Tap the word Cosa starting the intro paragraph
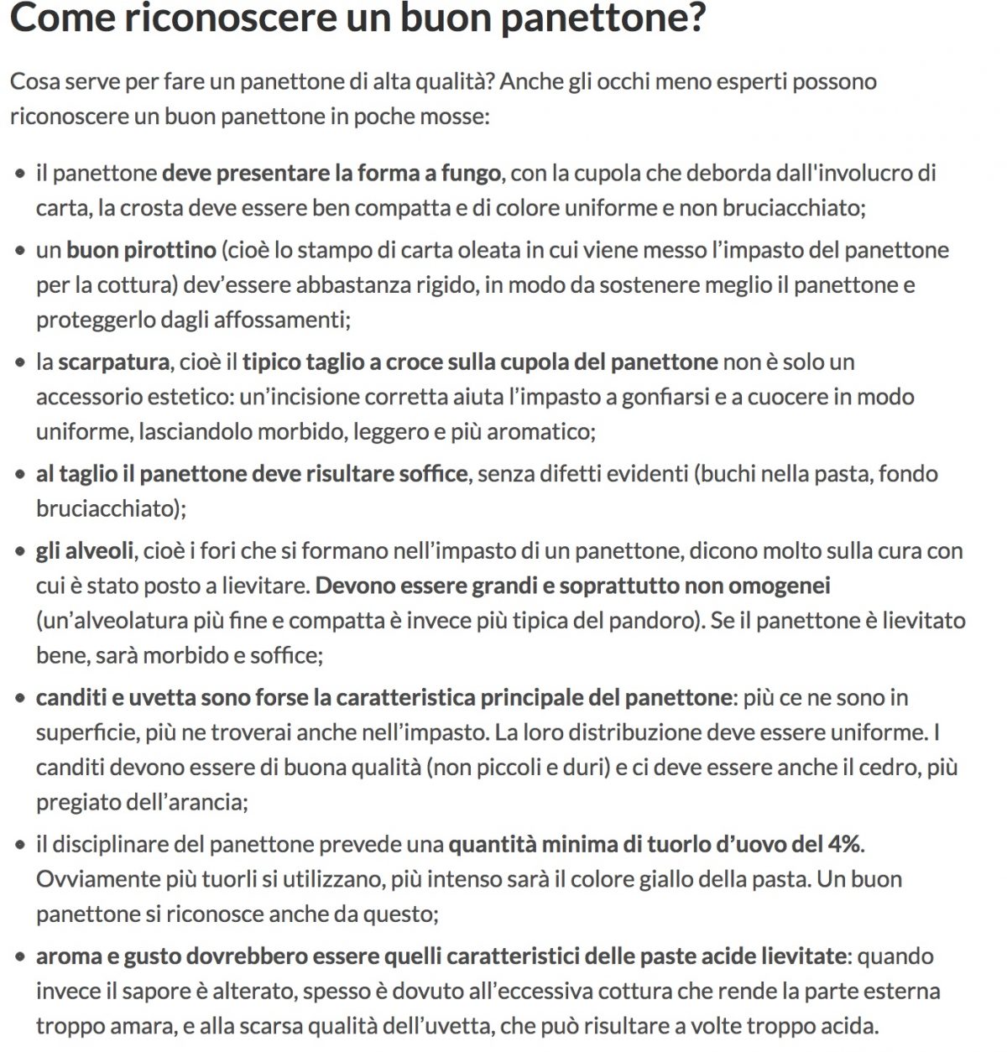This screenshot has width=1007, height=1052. (34, 81)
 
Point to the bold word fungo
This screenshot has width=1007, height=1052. (471, 173)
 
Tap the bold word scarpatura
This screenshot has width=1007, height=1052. (113, 362)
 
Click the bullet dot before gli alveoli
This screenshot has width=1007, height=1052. (20, 552)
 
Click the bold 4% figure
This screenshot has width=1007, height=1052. (844, 844)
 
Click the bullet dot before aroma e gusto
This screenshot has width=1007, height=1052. (20, 957)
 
